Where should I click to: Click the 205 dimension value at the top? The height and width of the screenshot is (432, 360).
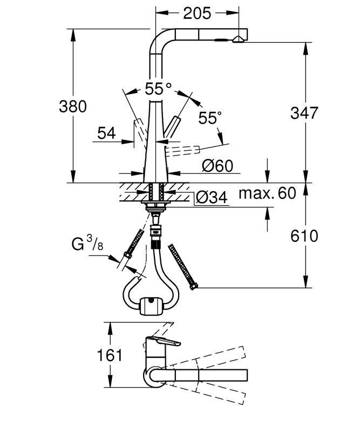pyautogui.click(x=197, y=13)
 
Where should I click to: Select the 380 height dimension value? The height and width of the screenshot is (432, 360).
pyautogui.click(x=73, y=106)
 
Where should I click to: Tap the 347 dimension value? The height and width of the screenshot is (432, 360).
pyautogui.click(x=304, y=113)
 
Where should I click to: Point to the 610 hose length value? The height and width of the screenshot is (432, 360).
pyautogui.click(x=304, y=236)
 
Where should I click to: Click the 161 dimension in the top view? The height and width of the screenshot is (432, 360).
pyautogui.click(x=110, y=355)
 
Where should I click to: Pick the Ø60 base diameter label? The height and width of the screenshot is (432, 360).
pyautogui.click(x=218, y=166)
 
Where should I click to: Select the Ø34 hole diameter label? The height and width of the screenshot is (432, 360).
pyautogui.click(x=212, y=197)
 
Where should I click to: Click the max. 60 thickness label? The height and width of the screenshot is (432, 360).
pyautogui.click(x=267, y=193)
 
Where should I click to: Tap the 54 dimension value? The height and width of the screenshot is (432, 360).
pyautogui.click(x=106, y=133)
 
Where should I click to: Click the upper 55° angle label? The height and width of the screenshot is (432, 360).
pyautogui.click(x=158, y=89)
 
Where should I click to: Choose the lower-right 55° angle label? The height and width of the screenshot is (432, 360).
pyautogui.click(x=209, y=118)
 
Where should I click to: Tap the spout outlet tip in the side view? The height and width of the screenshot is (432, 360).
pyautogui.click(x=238, y=40)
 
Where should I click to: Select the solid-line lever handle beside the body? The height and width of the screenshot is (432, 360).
pyautogui.click(x=172, y=127)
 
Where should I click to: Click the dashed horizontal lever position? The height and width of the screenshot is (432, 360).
pyautogui.click(x=182, y=151)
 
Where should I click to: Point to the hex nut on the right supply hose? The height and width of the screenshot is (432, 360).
pyautogui.click(x=194, y=286)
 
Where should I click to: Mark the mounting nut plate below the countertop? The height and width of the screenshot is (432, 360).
pyautogui.click(x=154, y=204)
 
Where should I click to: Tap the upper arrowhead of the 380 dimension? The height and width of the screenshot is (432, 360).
pyautogui.click(x=73, y=35)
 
